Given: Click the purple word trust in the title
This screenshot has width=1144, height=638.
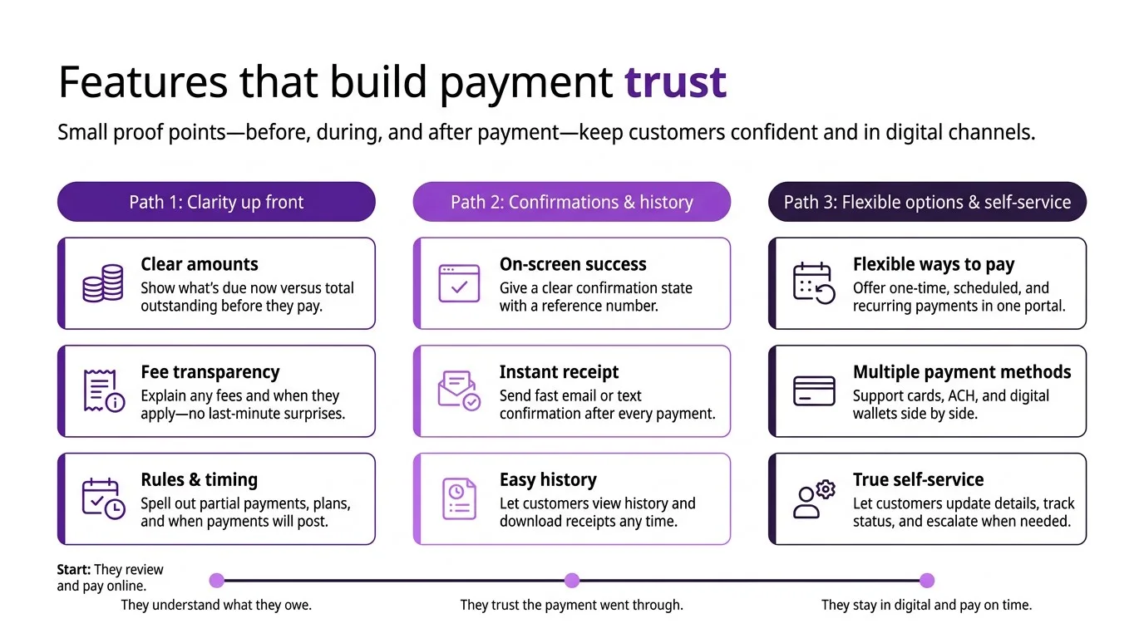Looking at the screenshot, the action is [x=675, y=82].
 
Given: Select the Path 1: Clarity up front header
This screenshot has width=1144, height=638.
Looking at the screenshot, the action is [x=216, y=202].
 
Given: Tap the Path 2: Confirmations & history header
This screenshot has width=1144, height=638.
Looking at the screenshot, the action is [x=571, y=202].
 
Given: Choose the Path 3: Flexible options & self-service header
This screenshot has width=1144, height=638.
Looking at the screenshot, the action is [x=927, y=202].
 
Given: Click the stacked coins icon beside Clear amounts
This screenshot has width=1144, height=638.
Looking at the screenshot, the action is [x=103, y=283].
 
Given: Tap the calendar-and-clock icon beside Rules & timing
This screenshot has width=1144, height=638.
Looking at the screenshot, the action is [x=103, y=498].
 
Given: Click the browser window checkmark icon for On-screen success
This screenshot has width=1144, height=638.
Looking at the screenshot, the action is [x=459, y=283].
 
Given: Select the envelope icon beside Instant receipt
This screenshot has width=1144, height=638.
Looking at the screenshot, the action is [x=459, y=391].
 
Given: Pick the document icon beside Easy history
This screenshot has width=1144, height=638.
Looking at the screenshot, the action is [x=459, y=498].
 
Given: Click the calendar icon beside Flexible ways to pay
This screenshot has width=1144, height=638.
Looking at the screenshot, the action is [x=813, y=283].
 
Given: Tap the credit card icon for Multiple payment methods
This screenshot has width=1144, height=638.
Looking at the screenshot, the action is [x=814, y=390].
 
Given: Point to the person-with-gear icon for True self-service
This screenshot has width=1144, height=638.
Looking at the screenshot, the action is [x=813, y=498].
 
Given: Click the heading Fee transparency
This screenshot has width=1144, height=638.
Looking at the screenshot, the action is [x=210, y=372].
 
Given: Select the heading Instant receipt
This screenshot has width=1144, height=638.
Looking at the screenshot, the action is [x=559, y=372].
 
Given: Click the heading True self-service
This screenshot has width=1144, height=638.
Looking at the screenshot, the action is [x=918, y=479].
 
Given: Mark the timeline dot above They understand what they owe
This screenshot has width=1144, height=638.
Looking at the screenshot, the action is [x=217, y=581].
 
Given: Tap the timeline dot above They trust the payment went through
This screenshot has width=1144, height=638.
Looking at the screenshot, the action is [x=572, y=581].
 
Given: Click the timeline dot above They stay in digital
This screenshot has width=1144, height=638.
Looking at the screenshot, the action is [x=927, y=581].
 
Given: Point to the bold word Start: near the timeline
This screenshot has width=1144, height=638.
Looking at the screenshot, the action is [x=73, y=570].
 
